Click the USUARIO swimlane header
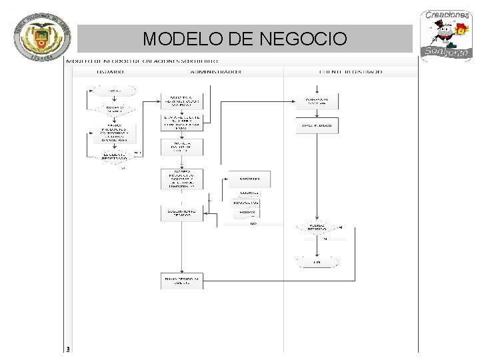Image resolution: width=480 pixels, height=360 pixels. click(x=110, y=71)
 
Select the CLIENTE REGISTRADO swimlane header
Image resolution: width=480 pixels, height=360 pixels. click(x=351, y=71)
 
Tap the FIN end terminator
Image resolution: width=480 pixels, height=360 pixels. click(x=317, y=263)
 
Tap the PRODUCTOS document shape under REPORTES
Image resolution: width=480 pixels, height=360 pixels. click(x=246, y=203)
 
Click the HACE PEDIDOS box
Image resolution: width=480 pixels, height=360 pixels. click(x=317, y=125)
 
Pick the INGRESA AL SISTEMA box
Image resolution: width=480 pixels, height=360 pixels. click(x=317, y=101)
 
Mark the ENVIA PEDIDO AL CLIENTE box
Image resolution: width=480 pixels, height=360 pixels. click(x=182, y=281)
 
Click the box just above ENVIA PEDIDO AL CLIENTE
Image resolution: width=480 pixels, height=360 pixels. click(x=182, y=213)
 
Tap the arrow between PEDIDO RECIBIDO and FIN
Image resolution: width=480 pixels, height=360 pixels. click(x=317, y=245)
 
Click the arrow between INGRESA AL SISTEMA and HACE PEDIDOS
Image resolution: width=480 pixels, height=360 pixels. click(x=317, y=113)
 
